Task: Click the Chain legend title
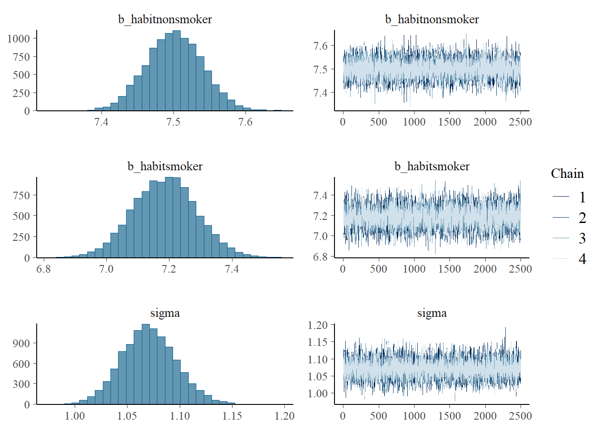click(567, 173)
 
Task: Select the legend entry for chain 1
click(582, 197)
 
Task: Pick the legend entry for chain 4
click(582, 259)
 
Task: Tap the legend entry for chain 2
click(582, 218)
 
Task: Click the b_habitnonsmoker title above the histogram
click(165, 19)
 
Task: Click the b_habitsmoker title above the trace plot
click(432, 166)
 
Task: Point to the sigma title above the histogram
click(165, 313)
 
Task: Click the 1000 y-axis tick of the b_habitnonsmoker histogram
click(18, 38)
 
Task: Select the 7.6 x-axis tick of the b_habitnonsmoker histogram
click(245, 122)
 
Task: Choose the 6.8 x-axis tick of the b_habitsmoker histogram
click(43, 269)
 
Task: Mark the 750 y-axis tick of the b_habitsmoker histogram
click(21, 195)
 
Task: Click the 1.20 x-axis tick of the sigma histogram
click(284, 416)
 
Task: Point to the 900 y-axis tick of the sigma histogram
click(21, 343)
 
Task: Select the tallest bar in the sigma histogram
click(146, 364)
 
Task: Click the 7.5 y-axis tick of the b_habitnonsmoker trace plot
click(320, 69)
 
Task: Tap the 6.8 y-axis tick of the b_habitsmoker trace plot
click(320, 257)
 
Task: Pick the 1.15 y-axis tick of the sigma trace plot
click(317, 342)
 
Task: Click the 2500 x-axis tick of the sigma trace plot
click(521, 416)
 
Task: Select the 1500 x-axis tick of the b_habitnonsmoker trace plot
click(449, 122)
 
